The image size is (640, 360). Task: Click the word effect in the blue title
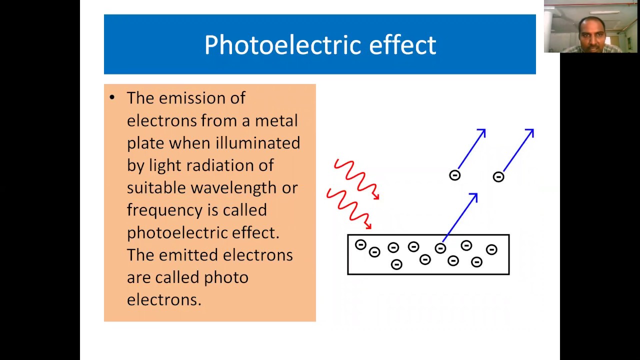pos(402,44)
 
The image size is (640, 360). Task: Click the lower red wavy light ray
pos(349,206)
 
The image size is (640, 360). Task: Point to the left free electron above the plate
pos(454,175)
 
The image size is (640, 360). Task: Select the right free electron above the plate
pos(498,176)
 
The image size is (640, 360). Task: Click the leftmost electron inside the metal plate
pos(360,244)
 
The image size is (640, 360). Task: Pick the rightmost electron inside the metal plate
pos(491,249)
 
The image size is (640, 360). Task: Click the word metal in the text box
pos(276,120)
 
